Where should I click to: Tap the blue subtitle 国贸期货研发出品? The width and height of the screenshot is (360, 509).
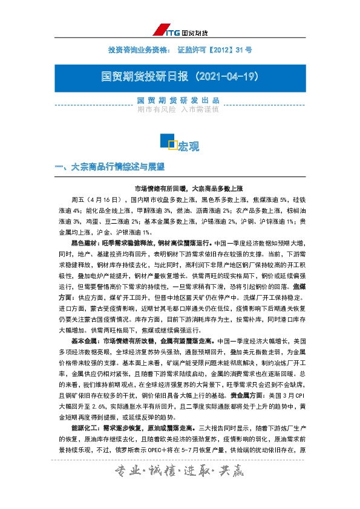[x=178, y=100]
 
